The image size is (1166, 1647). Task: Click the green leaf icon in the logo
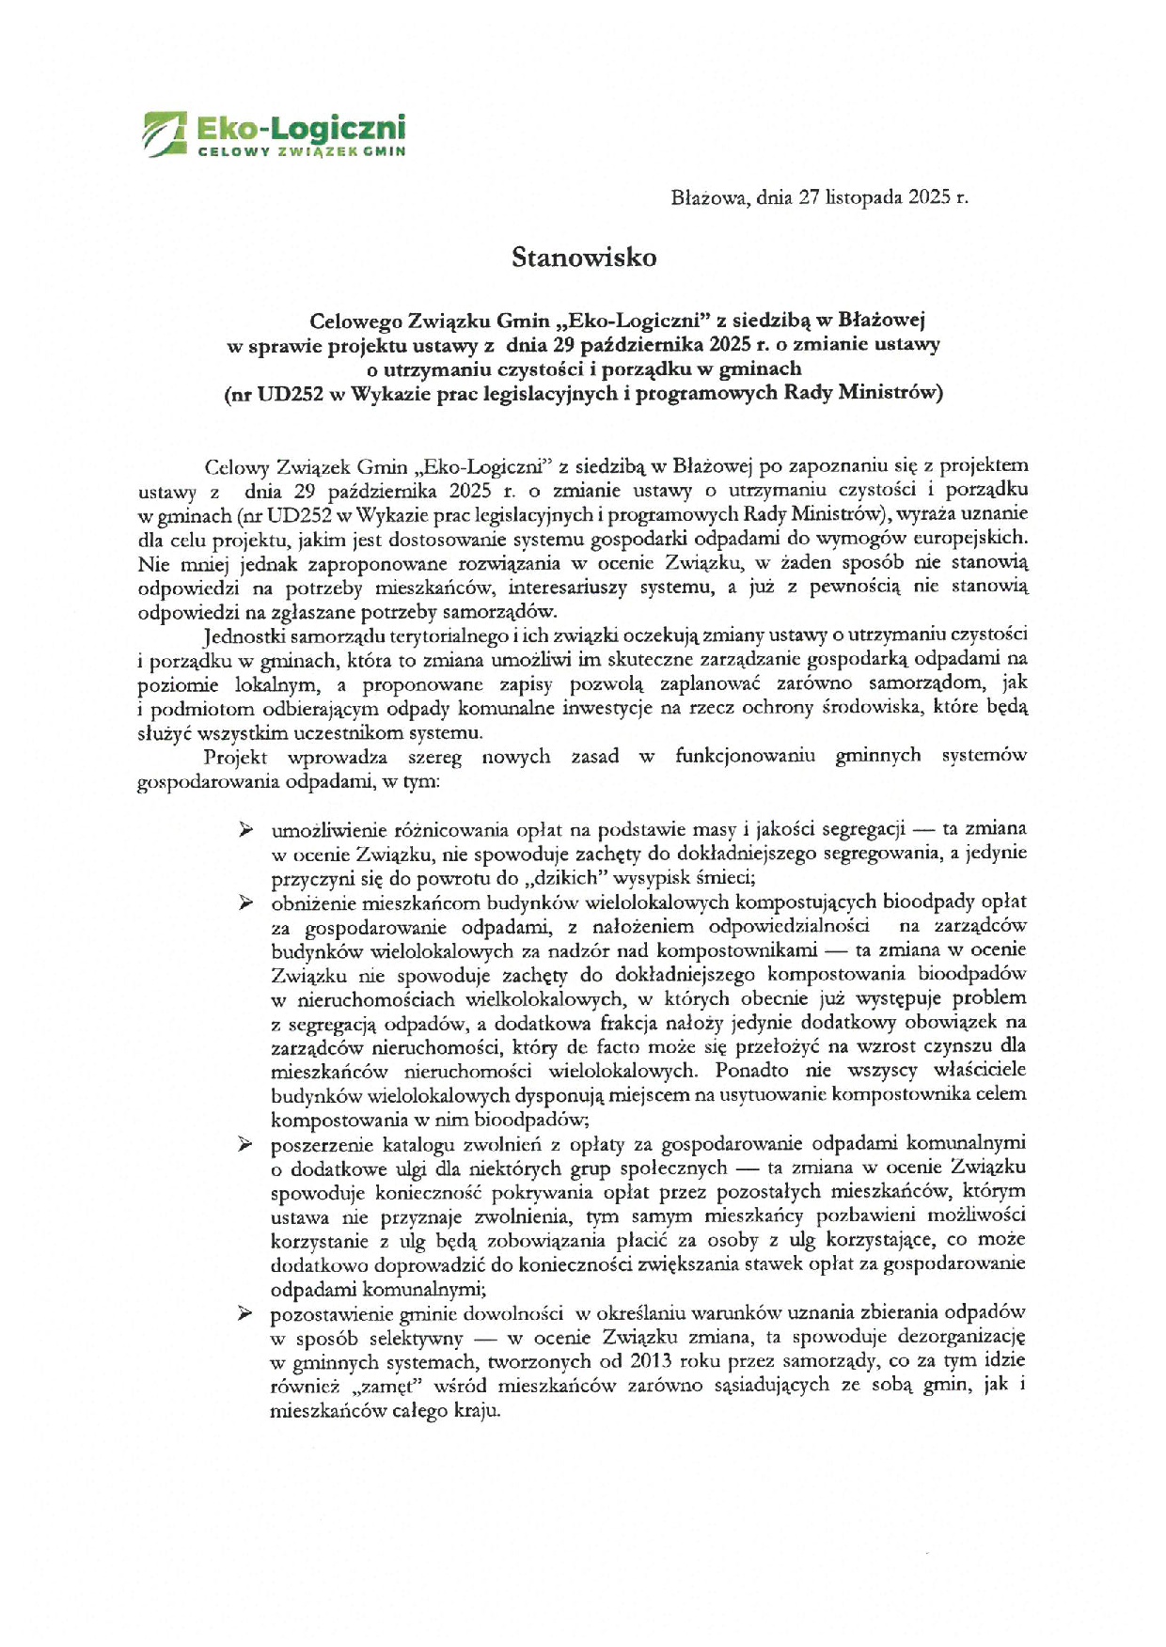165,133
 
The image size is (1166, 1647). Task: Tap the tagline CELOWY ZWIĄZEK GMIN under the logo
301,151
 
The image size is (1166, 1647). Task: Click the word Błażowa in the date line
710,197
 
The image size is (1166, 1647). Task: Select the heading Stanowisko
583,258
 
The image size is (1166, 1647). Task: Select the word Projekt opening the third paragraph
235,757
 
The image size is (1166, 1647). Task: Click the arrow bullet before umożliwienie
245,829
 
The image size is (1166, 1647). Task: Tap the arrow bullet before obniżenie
245,902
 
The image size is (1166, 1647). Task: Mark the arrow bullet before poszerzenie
245,1144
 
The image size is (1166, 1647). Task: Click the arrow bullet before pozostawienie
245,1312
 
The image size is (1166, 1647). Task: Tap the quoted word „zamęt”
380,1386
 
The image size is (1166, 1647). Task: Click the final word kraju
477,1411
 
